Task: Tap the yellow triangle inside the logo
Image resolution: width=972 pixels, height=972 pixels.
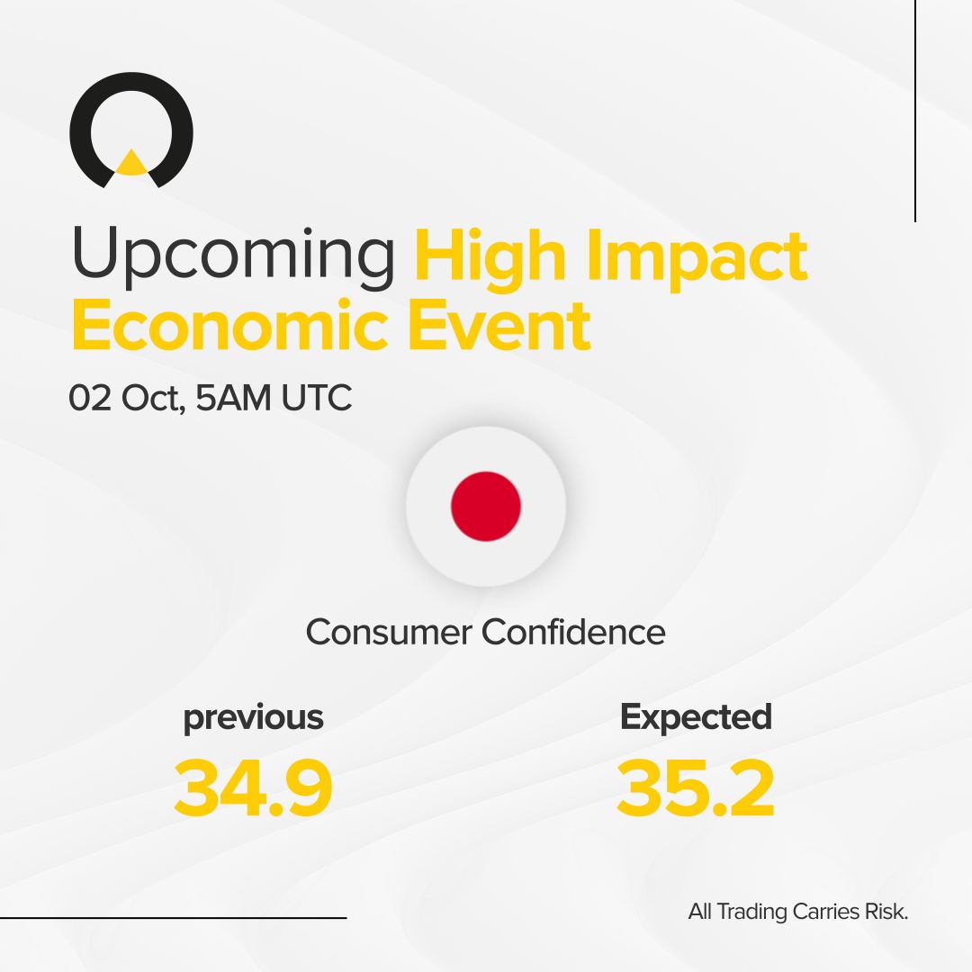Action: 131,163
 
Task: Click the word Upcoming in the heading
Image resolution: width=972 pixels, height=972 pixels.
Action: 233,256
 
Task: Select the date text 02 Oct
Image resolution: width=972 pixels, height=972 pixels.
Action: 127,398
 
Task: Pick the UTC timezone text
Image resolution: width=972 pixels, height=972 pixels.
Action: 316,398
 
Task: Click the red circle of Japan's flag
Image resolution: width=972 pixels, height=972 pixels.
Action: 486,506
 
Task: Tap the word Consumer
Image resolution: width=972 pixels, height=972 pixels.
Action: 388,632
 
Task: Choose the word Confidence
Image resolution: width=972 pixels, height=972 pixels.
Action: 573,632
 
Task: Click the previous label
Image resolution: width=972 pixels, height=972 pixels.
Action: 253,718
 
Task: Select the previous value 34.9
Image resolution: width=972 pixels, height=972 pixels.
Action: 253,788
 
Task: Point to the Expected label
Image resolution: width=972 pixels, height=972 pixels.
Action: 696,716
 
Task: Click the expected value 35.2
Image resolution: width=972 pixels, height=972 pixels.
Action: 696,788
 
